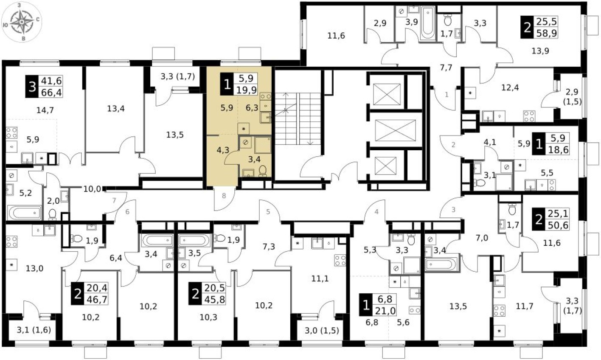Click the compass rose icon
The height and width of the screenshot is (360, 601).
click(x=22, y=21)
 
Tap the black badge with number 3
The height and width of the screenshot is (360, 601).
click(x=32, y=87)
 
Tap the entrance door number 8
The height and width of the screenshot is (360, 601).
click(x=224, y=196)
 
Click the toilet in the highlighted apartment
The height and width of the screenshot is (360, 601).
click(x=262, y=171)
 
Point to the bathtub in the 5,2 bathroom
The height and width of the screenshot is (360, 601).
click(x=24, y=212)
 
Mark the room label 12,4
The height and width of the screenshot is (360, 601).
click(x=510, y=88)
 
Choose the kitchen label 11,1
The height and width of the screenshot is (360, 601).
click(x=320, y=279)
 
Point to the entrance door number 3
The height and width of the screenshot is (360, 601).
click(x=453, y=209)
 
